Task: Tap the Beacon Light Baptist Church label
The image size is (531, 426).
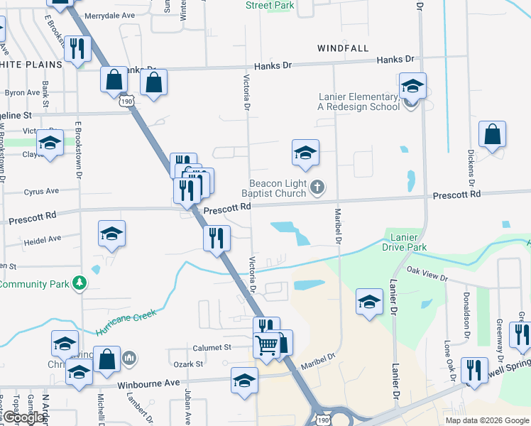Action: point(278,188)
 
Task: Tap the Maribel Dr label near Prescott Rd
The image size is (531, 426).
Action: point(339,226)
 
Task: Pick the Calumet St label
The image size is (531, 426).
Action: point(212,348)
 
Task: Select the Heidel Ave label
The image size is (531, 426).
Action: point(39,241)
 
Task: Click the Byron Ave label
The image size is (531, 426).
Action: point(22,93)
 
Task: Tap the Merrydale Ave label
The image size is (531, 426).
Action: point(109,15)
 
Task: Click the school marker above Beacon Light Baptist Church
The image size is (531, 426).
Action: point(305,153)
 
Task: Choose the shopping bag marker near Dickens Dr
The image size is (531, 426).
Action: point(492,135)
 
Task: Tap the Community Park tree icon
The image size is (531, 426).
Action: point(80,285)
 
